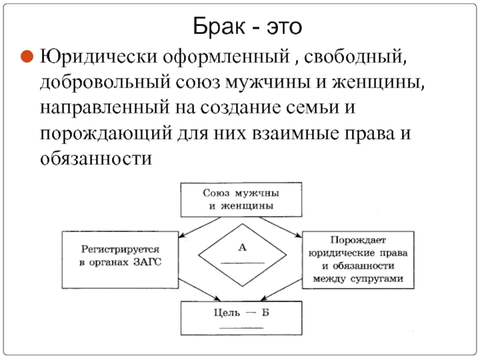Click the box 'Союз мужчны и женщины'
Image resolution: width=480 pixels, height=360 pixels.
click(241, 200)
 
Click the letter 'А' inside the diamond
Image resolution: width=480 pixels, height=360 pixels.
click(242, 247)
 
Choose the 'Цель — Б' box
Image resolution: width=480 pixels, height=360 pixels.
click(242, 317)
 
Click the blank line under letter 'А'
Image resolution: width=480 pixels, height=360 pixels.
click(242, 263)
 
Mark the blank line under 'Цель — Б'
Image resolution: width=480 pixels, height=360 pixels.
click(242, 327)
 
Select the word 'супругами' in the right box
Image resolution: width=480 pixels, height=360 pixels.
click(380, 278)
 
